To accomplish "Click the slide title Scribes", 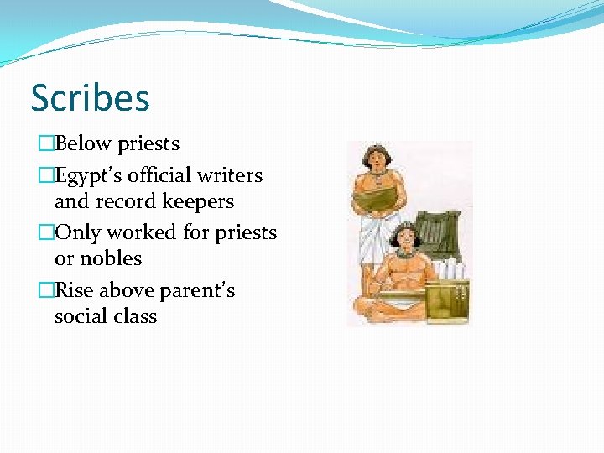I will pyautogui.click(x=90, y=98).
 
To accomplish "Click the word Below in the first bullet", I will pyautogui.click(x=83, y=143).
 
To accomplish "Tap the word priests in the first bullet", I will pyautogui.click(x=148, y=144).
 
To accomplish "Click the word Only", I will pyautogui.click(x=75, y=232).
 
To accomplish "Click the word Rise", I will pyautogui.click(x=74, y=290).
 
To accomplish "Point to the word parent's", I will pyautogui.click(x=196, y=291).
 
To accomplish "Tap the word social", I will pyautogui.click(x=81, y=316).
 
